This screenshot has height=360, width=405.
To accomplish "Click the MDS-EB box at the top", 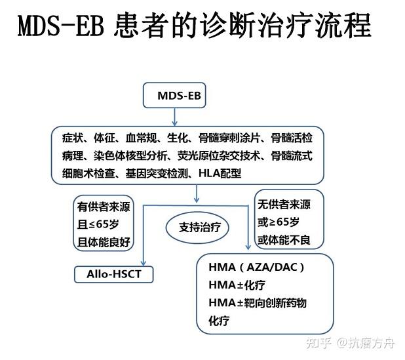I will [174, 96].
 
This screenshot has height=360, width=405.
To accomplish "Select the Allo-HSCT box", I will [113, 274].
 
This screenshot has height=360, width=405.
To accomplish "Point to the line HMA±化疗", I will [237, 285].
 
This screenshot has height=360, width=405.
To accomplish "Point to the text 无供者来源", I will [284, 205].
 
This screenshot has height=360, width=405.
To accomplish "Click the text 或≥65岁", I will [279, 222].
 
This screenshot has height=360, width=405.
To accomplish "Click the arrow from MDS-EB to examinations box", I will [174, 117].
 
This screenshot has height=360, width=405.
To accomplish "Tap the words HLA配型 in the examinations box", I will [219, 173].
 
